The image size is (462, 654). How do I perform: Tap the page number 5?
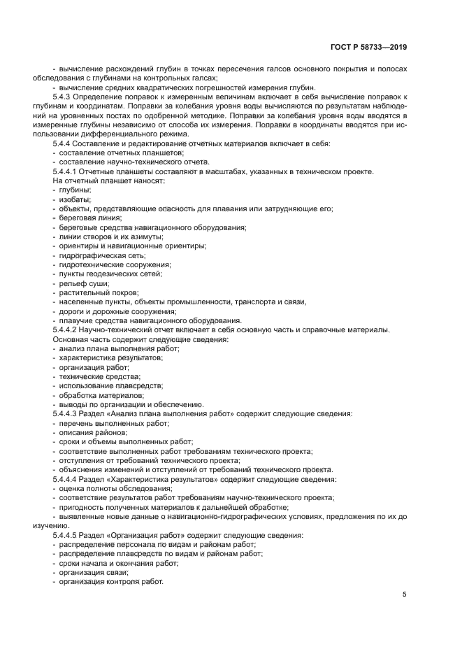point(404,595)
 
